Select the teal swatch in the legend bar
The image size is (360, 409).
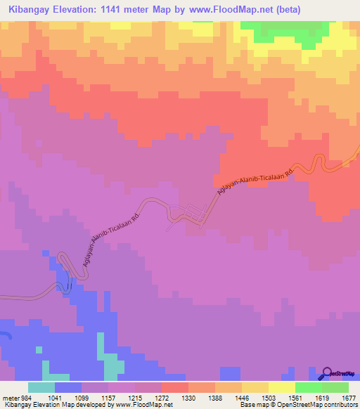coord(41,387)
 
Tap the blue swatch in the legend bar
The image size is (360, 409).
coord(68,387)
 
